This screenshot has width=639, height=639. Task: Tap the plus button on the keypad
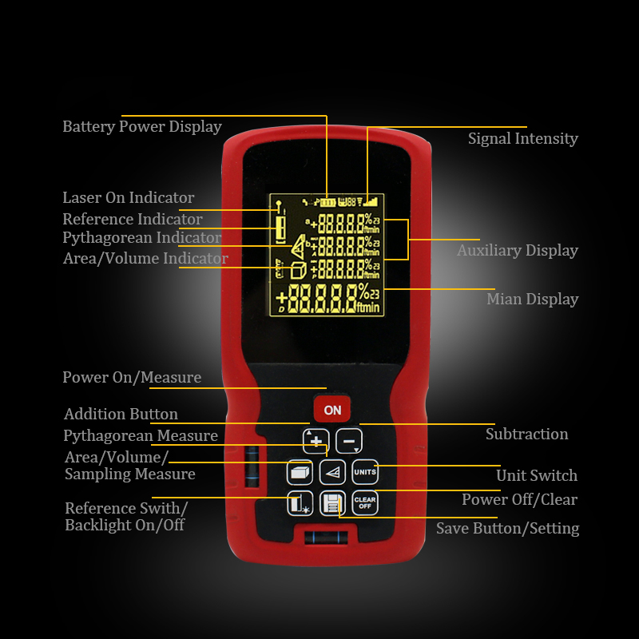click(x=316, y=441)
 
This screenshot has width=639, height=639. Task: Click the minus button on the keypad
click(x=348, y=441)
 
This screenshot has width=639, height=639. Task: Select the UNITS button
click(x=364, y=472)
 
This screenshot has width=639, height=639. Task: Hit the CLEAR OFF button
click(x=364, y=503)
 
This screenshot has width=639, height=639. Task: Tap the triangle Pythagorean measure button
click(x=332, y=472)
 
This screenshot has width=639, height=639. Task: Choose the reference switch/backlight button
click(x=300, y=503)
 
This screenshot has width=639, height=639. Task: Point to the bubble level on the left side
click(x=252, y=465)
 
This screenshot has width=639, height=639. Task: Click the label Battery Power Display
click(x=142, y=127)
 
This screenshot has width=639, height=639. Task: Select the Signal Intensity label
click(x=522, y=139)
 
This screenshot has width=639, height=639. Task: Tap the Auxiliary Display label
click(x=517, y=251)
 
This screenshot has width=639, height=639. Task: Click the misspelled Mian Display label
click(x=532, y=300)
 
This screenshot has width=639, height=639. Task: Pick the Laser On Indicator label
click(x=128, y=198)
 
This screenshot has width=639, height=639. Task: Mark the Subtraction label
click(x=526, y=435)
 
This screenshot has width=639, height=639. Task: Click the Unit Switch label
click(x=536, y=476)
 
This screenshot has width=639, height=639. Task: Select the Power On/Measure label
click(x=132, y=378)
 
